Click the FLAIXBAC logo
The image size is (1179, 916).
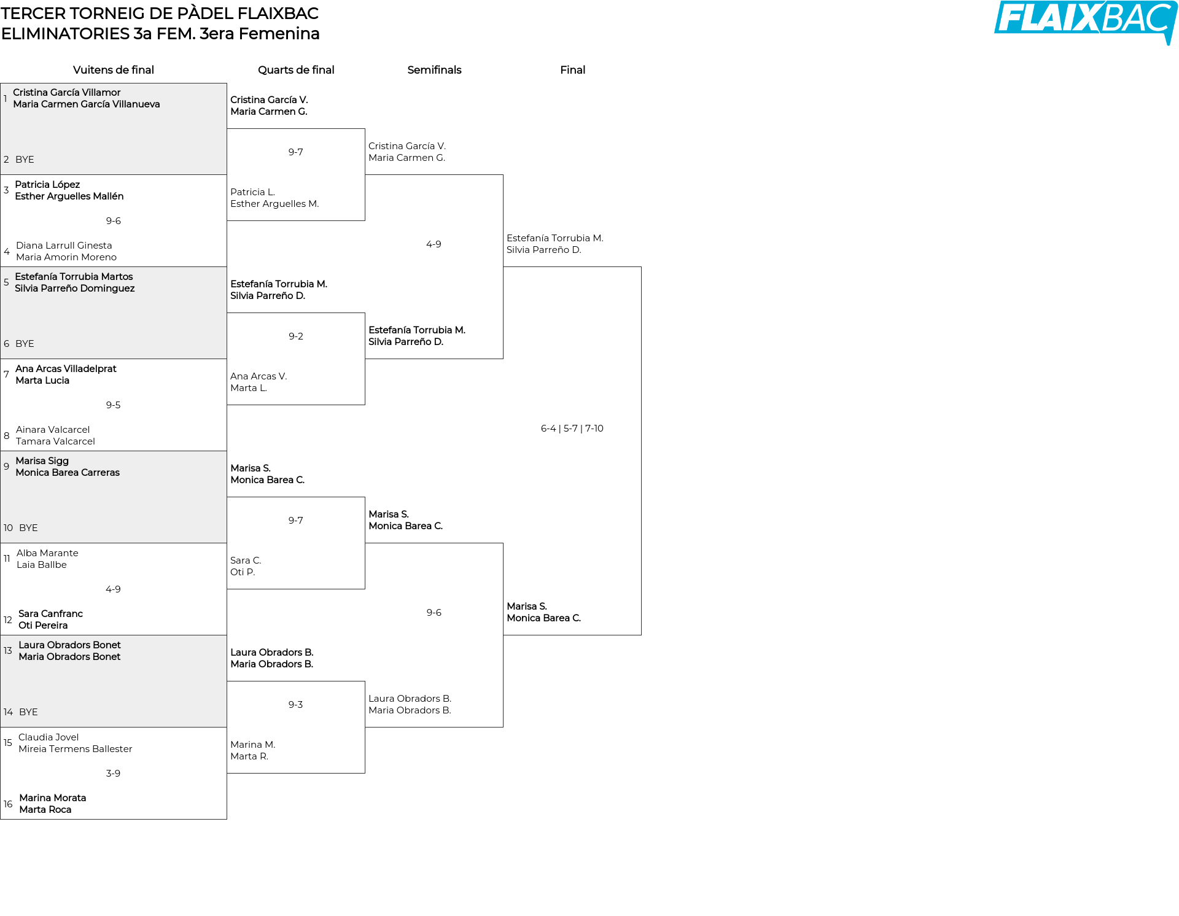click(x=1086, y=21)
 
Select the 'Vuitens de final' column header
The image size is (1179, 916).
click(x=114, y=70)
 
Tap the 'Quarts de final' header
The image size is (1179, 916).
click(x=296, y=70)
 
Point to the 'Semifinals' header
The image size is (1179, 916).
click(x=434, y=70)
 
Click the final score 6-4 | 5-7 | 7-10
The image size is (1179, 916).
click(x=572, y=429)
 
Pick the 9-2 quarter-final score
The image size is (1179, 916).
click(x=296, y=336)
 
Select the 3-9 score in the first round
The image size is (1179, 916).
click(x=113, y=774)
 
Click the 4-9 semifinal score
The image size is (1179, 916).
click(x=434, y=244)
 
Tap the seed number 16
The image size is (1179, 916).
click(x=8, y=804)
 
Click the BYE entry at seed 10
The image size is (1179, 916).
click(x=28, y=528)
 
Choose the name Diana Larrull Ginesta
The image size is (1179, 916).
click(x=64, y=246)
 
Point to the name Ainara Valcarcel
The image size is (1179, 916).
click(x=53, y=430)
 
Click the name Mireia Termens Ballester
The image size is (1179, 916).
click(x=76, y=749)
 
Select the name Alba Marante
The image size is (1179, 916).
click(x=47, y=553)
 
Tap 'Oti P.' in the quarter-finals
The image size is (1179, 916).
click(x=243, y=572)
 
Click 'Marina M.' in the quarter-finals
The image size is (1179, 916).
click(x=253, y=745)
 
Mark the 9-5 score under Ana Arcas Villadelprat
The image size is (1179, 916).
click(x=113, y=405)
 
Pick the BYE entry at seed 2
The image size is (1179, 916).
click(x=25, y=160)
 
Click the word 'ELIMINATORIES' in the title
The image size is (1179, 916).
click(x=66, y=34)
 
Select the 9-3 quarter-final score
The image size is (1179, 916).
click(x=296, y=705)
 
